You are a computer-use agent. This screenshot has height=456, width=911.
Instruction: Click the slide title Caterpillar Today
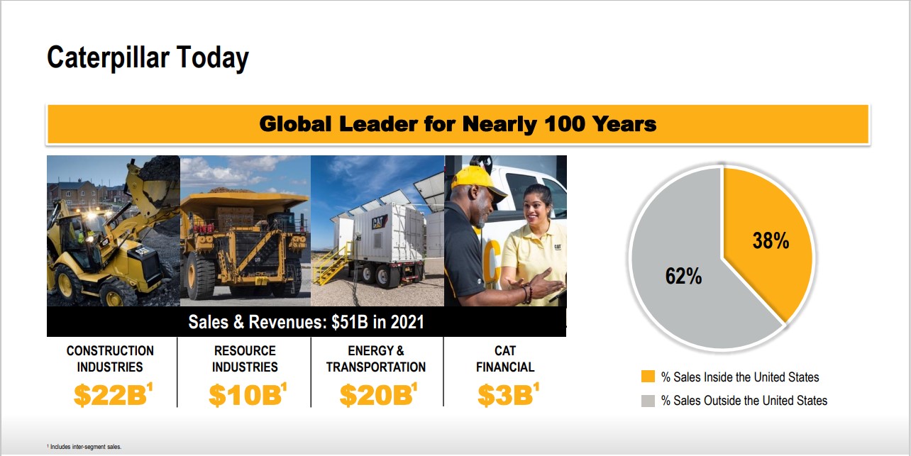click(148, 58)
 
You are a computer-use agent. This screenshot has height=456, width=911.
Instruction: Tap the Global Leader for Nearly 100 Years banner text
click(458, 124)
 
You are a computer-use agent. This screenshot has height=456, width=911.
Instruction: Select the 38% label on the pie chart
click(771, 240)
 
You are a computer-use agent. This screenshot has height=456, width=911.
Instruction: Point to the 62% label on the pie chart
click(684, 276)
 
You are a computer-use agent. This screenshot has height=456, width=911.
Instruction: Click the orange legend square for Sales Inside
click(648, 377)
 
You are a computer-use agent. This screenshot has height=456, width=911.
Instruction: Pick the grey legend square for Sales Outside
click(648, 401)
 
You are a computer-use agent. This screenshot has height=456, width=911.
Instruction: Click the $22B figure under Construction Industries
click(113, 394)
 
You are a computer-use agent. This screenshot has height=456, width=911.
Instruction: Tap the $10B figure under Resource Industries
click(248, 394)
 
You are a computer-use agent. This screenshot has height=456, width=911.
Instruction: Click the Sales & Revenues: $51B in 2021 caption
click(307, 322)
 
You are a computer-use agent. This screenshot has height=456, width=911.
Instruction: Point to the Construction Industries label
click(110, 359)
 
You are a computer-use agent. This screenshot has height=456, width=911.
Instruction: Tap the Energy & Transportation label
click(376, 359)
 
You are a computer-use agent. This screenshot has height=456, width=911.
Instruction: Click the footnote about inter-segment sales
click(84, 447)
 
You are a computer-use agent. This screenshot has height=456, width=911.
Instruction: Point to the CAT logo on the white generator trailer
click(378, 222)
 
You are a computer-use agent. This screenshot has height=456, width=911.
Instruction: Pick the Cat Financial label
click(505, 359)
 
